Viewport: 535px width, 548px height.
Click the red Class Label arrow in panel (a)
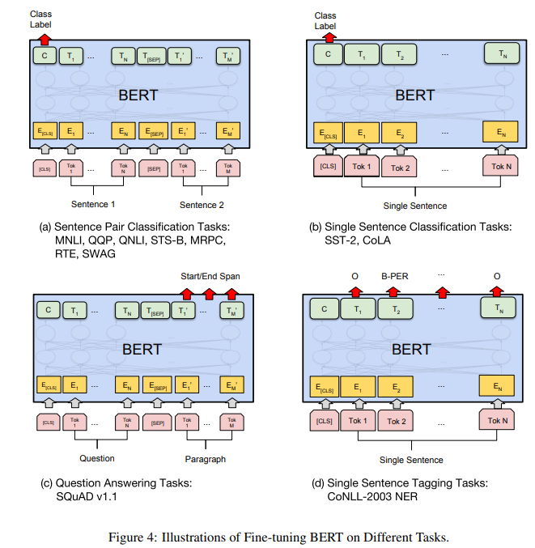pyautogui.click(x=44, y=36)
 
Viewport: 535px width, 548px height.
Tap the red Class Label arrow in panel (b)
pyautogui.click(x=325, y=38)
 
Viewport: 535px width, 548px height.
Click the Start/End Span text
pyautogui.click(x=210, y=276)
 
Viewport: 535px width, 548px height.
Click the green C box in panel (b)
pyautogui.click(x=326, y=56)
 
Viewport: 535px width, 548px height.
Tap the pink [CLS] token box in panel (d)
pyautogui.click(x=326, y=420)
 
